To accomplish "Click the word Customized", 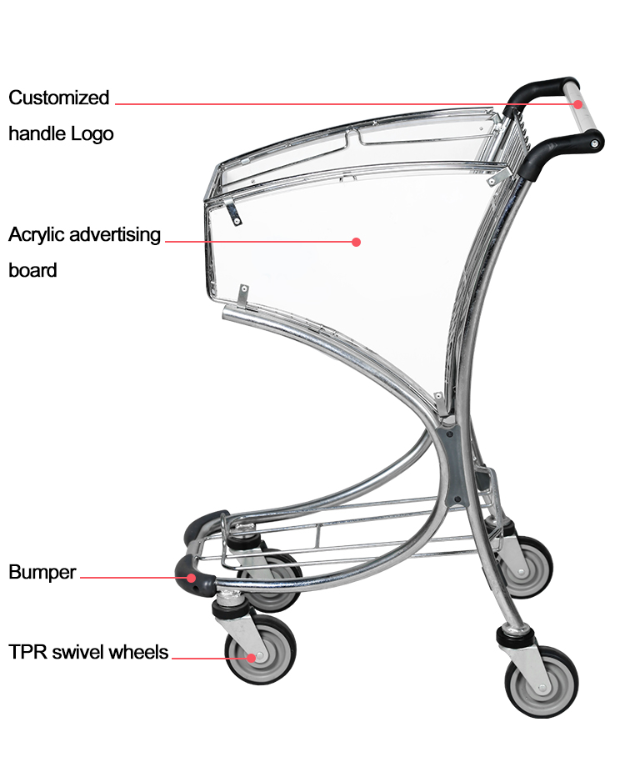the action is tap(58, 98).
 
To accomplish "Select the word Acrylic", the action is tap(37, 235).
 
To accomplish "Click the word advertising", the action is tap(115, 235).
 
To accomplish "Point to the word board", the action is tap(32, 270).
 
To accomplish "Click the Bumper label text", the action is tap(42, 572).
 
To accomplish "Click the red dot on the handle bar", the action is tap(578, 104).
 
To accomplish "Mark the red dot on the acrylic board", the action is tap(356, 242).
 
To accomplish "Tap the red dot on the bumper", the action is tap(192, 578).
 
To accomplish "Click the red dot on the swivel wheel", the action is tap(251, 658).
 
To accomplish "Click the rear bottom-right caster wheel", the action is tap(542, 682).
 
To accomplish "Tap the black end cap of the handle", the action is tap(595, 143).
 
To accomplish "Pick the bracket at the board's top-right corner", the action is tap(497, 177).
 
